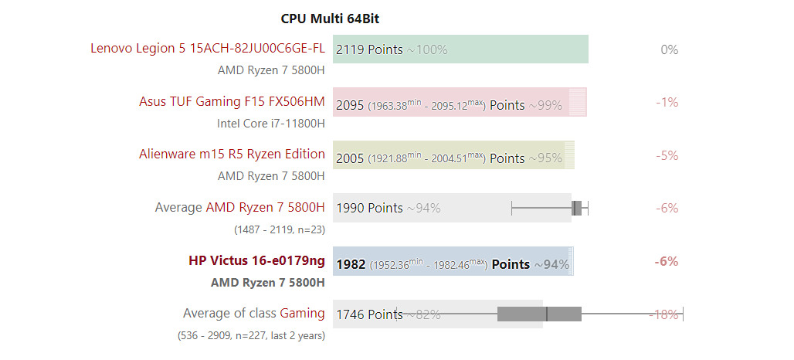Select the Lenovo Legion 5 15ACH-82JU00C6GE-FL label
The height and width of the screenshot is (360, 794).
207,49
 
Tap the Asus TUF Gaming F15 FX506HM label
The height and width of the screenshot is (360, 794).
232,101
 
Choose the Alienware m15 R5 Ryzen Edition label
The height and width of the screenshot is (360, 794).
232,154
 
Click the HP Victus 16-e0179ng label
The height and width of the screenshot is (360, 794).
256,260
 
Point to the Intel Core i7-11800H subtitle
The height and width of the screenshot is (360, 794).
270,123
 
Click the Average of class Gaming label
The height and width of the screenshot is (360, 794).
253,313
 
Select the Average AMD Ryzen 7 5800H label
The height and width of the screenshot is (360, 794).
239,207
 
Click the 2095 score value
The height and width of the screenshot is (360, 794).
349,105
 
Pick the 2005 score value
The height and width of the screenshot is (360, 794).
349,158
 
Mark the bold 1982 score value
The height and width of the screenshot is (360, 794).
350,264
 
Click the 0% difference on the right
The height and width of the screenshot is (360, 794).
669,49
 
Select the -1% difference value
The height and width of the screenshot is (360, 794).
667,102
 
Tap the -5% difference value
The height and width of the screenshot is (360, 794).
667,155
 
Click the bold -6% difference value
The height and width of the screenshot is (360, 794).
666,261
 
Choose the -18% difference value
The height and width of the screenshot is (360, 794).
663,314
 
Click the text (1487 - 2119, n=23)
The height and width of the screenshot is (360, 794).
279,229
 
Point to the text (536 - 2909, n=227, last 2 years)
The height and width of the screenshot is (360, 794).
251,335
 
